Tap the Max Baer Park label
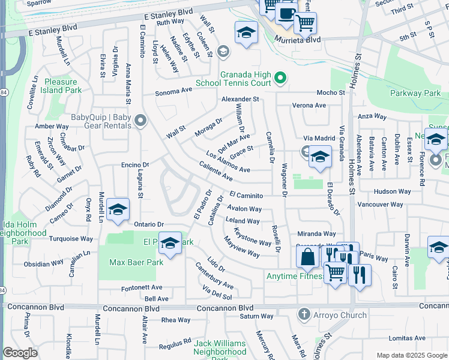coord(136,263)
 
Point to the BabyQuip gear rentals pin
coord(140,122)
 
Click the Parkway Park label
coord(415,94)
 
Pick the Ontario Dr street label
coord(148,224)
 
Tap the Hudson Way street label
coord(392,191)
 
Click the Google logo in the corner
coord(20,353)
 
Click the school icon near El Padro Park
coord(170,243)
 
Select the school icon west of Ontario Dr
coord(118,210)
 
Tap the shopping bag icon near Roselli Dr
coord(307,257)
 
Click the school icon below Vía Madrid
coord(320,157)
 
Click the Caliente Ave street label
coord(215,174)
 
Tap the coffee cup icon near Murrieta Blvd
coord(287,13)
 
